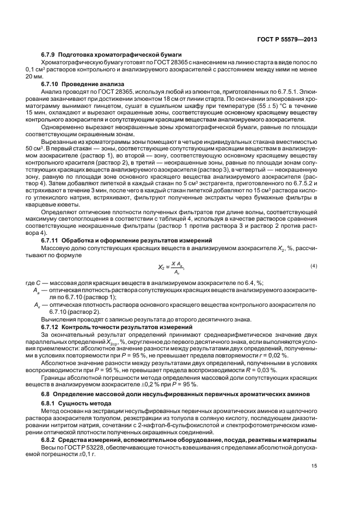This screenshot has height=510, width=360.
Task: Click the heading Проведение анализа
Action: (93, 84)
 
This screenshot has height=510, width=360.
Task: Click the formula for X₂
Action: (170, 266)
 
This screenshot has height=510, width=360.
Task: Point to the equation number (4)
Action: (314, 265)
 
